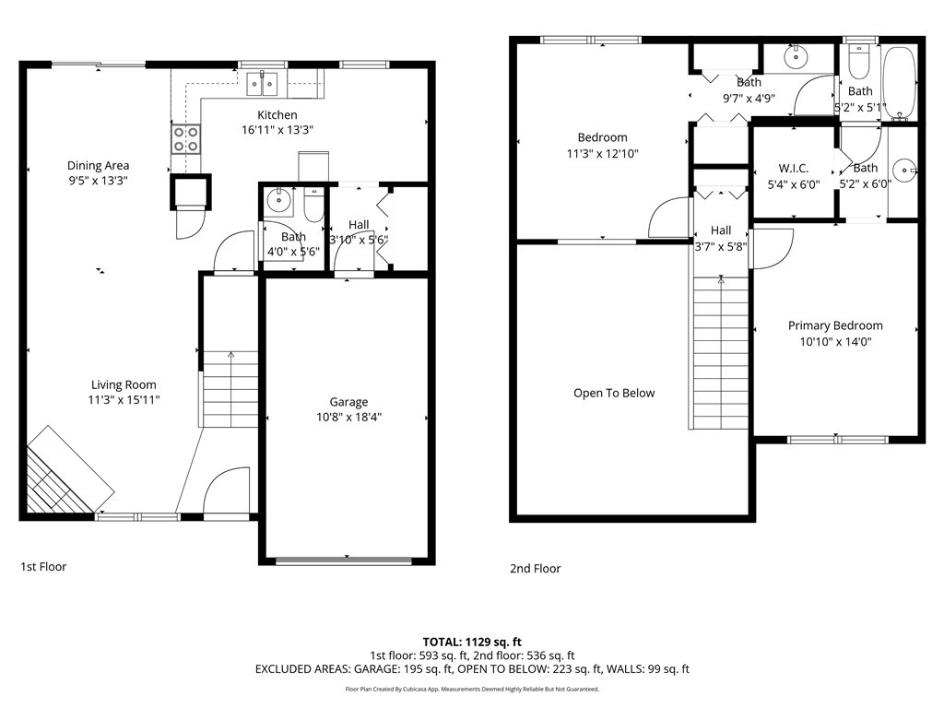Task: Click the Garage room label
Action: (x=348, y=402)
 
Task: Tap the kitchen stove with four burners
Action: (x=186, y=138)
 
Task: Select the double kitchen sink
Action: (x=263, y=84)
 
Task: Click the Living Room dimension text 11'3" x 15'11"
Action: (x=124, y=400)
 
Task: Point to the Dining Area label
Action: (x=98, y=166)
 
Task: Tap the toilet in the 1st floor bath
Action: (x=313, y=205)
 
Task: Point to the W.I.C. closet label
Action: (x=794, y=169)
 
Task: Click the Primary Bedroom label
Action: (x=835, y=325)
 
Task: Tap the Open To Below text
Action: (x=614, y=393)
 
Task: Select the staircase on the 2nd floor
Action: (x=721, y=352)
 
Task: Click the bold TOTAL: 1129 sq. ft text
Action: (x=472, y=642)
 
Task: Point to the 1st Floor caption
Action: (x=43, y=567)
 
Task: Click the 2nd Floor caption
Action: (x=536, y=568)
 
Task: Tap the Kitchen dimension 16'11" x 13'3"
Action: (x=277, y=129)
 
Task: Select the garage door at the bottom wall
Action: (x=344, y=561)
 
